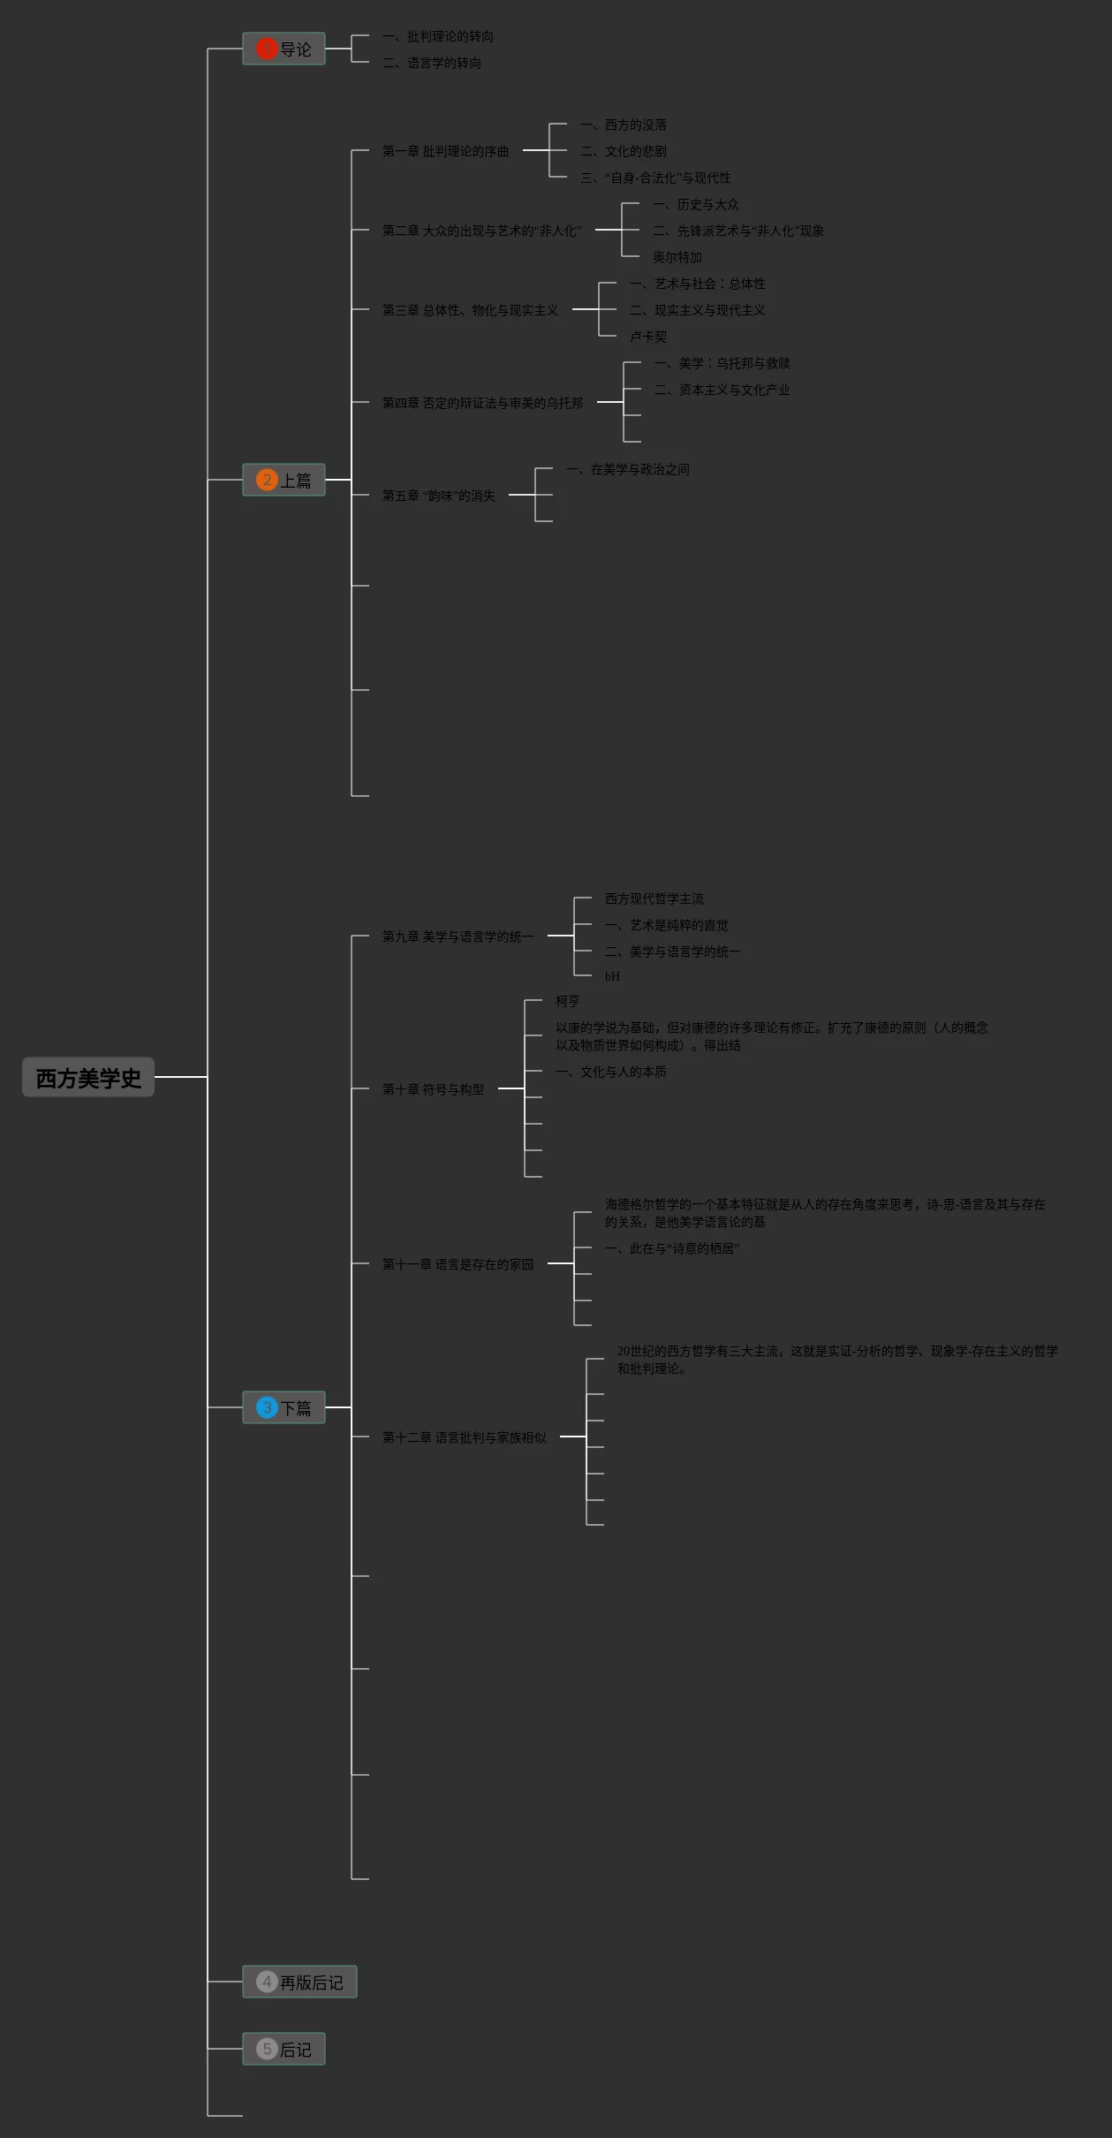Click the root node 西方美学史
coord(88,1078)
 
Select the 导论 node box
coord(284,49)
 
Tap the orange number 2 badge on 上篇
coord(267,480)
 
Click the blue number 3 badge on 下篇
coord(267,1407)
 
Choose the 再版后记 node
coord(300,1982)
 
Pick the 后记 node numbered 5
coord(284,2049)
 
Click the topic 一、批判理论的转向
coord(438,36)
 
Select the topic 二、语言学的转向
coord(432,63)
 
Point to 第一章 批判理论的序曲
coord(445,151)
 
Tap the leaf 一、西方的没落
coord(624,125)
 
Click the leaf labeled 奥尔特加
coord(677,257)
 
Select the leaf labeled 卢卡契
coord(648,337)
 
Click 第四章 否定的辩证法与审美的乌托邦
coord(482,403)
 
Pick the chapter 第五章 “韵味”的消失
coord(438,496)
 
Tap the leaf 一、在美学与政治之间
coord(628,469)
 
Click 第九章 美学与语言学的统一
coord(458,936)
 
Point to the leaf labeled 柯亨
coord(567,1001)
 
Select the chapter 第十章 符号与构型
coord(433,1089)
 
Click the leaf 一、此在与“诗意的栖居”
coord(672,1248)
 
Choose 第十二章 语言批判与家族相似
coord(464,1437)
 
